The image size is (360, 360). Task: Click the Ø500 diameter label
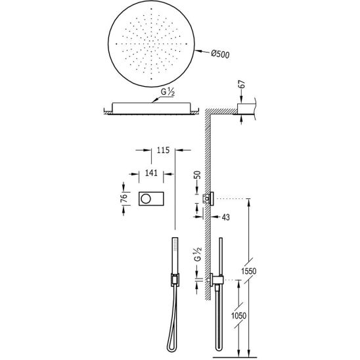tap(220, 55)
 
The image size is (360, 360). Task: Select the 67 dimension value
tap(242, 84)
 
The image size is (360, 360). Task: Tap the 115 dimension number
tap(163, 150)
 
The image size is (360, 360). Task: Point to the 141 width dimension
tap(151, 173)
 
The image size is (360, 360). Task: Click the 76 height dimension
tap(124, 198)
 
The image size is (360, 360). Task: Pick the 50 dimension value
tap(197, 175)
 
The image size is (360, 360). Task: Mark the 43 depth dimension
tap(226, 217)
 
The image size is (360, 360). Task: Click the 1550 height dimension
tap(248, 271)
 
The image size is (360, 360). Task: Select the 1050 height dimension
tap(238, 316)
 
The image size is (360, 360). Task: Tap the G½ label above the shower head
tap(168, 92)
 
